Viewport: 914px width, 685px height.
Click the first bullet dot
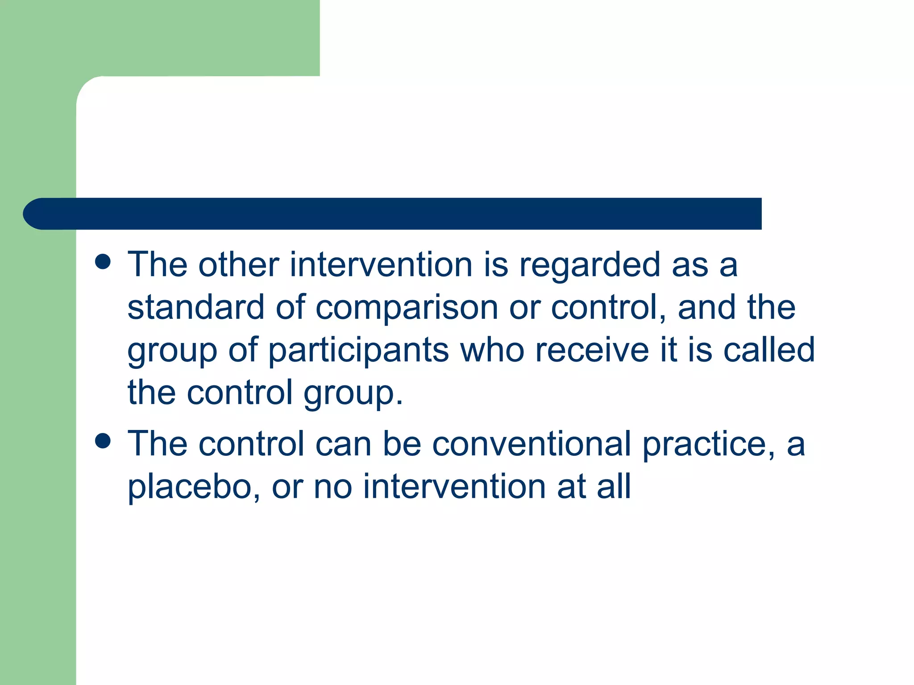pos(103,262)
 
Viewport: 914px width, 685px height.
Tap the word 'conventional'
pos(532,444)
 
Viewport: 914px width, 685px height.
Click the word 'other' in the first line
pos(239,265)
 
